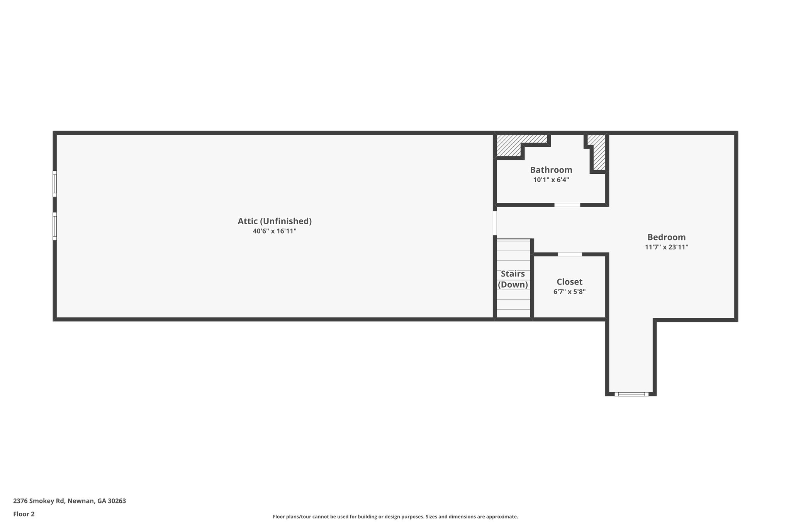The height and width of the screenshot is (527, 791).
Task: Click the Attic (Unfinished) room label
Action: point(274,221)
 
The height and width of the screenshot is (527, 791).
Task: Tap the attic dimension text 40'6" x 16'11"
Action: point(274,231)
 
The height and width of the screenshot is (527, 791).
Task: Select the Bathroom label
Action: point(551,170)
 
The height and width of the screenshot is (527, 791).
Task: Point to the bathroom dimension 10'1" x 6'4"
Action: point(551,180)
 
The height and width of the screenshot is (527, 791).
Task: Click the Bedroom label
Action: point(666,237)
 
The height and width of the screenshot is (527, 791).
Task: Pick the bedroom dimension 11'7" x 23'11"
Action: point(666,247)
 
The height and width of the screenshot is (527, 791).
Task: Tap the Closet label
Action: point(569,282)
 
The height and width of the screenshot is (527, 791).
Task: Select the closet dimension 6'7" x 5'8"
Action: point(569,292)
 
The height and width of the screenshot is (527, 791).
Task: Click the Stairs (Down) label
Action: point(513,279)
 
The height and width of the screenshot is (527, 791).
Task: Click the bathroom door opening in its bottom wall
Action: point(567,205)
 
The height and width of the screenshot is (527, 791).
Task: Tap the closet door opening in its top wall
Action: point(570,254)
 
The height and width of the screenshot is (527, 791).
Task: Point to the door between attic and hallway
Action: point(494,223)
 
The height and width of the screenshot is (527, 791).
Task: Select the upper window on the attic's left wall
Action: point(55,184)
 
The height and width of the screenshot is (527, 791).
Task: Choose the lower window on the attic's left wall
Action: point(55,226)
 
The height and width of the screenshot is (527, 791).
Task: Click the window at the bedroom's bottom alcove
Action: point(631,394)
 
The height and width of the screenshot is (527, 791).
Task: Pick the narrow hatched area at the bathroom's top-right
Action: point(598,153)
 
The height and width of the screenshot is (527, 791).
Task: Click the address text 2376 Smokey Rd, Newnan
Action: point(70,501)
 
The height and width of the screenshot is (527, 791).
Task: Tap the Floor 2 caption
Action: point(24,514)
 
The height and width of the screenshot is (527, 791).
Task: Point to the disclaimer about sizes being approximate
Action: point(395,517)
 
